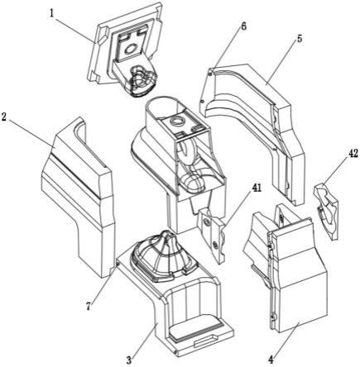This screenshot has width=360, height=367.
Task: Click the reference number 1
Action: [51, 14]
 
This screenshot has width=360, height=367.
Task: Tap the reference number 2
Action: [4, 117]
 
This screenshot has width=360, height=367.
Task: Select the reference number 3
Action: [128, 360]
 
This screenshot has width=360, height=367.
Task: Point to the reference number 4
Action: [271, 360]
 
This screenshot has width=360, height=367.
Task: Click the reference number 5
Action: [299, 38]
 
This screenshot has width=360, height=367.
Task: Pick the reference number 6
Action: [243, 26]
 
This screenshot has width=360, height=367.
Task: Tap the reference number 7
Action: [89, 307]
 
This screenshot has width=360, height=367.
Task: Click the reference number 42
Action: [352, 154]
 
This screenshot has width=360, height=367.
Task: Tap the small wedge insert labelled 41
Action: [213, 235]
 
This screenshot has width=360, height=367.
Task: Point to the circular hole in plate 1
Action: [131, 50]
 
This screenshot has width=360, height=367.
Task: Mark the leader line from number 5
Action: [282, 62]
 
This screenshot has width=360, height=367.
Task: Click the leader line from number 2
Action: [31, 133]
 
